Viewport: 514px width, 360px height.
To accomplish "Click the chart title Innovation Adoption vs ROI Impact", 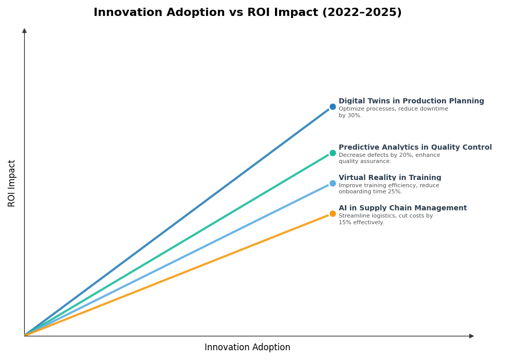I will [247, 13].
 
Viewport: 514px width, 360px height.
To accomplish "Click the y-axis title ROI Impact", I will [12, 183].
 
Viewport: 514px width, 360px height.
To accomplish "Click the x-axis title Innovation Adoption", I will [247, 348].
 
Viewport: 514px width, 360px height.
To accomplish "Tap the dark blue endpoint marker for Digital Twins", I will [333, 107].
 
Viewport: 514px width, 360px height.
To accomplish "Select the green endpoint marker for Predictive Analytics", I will [333, 153].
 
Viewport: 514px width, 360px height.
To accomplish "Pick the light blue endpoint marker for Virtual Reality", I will [333, 183].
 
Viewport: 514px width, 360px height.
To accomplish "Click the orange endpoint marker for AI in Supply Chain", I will [333, 214].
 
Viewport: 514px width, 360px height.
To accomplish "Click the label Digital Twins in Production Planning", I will [411, 101].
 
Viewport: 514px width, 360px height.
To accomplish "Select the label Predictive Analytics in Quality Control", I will [415, 148].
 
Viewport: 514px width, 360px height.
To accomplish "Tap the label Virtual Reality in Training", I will [390, 178].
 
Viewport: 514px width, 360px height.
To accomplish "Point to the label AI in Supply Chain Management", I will [402, 208].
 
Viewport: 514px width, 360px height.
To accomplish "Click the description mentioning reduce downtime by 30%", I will [393, 112].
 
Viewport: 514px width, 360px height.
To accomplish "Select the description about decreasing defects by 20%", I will [389, 158].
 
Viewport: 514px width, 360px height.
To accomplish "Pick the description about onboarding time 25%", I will [389, 189].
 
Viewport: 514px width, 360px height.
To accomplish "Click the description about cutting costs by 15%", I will [385, 219].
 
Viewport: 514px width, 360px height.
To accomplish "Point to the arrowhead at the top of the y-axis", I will [24, 31].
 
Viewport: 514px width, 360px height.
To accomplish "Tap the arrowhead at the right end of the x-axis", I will [471, 336].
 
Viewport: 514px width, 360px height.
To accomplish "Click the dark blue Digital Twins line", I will [177, 222].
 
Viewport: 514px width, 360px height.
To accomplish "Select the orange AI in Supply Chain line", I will [177, 275].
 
